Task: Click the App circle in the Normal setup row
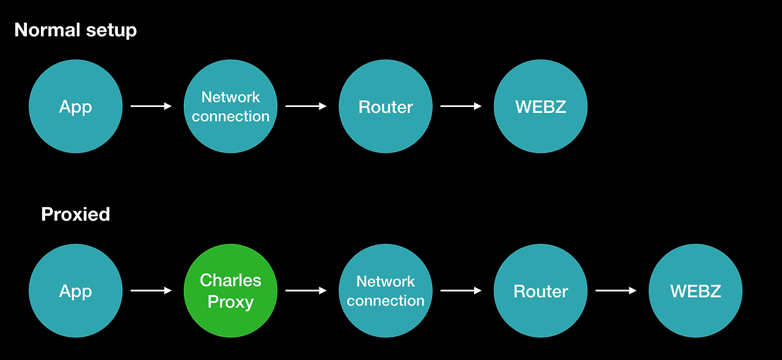coord(76,106)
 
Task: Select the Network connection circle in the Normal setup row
coord(230,106)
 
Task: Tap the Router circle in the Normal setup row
coord(386,106)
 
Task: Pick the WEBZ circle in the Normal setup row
coord(541,106)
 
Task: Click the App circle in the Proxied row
coord(76,291)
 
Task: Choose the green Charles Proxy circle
coord(230,291)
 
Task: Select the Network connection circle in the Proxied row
coord(386,291)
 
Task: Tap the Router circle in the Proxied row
coord(541,291)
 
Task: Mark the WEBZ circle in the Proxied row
coord(695,291)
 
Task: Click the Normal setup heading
coord(75,30)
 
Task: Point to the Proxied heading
coord(75,215)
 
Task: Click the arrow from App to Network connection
coord(152,106)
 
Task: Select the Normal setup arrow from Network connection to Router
coord(306,106)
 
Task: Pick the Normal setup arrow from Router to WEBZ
coord(461,106)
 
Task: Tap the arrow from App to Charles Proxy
coord(152,291)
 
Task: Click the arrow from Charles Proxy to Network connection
coord(306,291)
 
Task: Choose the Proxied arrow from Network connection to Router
coord(461,291)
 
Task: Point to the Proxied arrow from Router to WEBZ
coord(616,291)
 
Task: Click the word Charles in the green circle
coord(230,281)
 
